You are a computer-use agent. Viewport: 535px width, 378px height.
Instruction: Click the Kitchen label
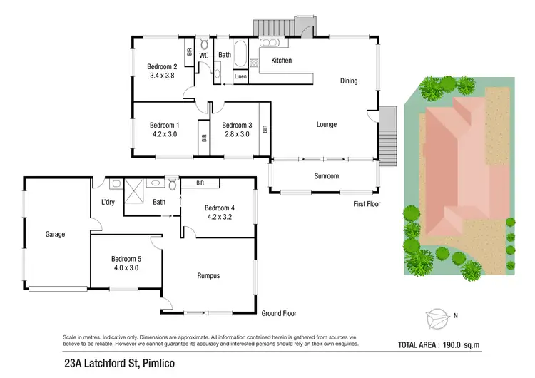click(281, 61)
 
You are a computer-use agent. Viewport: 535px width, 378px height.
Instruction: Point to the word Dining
click(349, 81)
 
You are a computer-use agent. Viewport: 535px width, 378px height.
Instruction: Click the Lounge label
click(326, 125)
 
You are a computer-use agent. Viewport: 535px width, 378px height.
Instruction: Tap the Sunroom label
click(326, 175)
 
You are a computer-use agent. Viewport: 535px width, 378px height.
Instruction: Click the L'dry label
click(108, 202)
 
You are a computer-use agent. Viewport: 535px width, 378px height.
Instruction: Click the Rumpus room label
click(208, 276)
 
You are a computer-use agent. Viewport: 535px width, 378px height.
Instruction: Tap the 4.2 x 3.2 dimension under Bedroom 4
click(220, 217)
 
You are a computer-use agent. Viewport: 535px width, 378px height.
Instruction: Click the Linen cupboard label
click(240, 76)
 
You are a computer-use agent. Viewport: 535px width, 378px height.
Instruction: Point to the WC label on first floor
click(203, 54)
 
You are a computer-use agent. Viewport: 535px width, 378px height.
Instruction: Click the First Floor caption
click(367, 204)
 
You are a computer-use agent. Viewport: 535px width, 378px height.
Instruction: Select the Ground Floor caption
click(279, 313)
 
